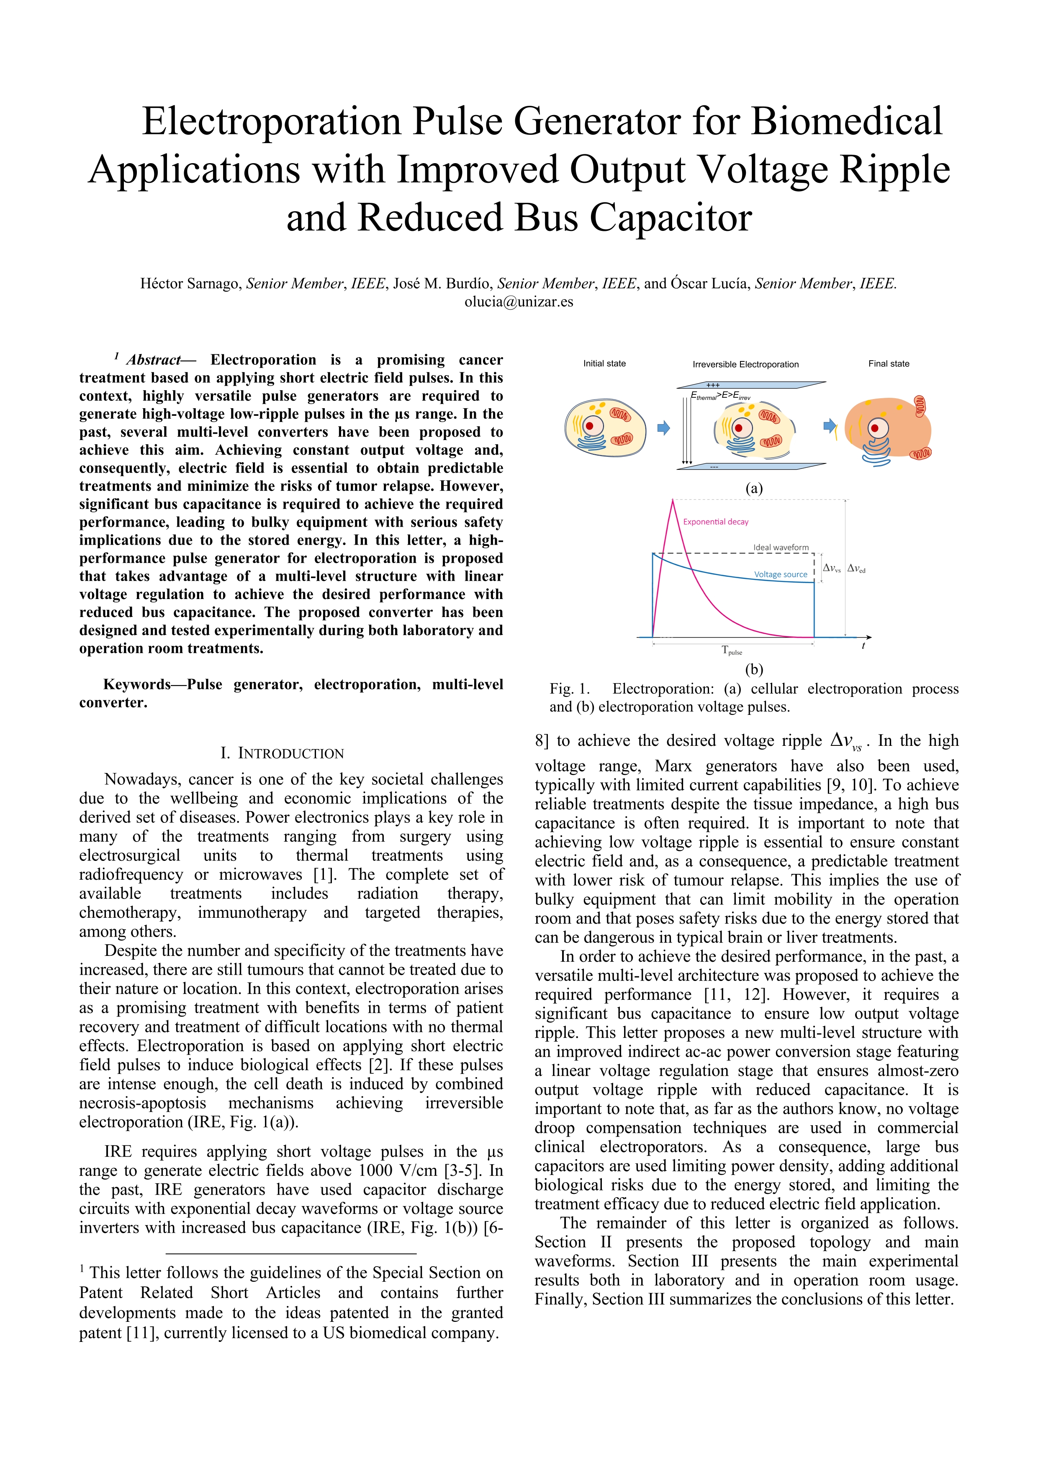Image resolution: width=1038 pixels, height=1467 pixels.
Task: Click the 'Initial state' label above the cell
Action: pos(604,364)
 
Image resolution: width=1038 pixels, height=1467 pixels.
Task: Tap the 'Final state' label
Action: pos(889,364)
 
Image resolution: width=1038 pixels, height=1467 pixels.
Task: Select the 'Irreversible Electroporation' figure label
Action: pos(745,364)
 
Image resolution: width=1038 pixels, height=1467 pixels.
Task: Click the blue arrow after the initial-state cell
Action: pos(663,428)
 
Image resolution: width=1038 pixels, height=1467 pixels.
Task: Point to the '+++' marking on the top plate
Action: pos(713,385)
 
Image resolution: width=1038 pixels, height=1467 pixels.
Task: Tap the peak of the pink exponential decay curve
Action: pos(673,501)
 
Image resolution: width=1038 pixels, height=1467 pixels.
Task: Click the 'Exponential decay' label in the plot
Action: pos(715,522)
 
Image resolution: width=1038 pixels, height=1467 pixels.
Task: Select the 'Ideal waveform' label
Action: pos(781,548)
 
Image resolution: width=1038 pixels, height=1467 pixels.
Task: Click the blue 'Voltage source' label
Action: pos(781,574)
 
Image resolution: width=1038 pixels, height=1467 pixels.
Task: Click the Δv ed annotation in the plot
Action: pos(856,568)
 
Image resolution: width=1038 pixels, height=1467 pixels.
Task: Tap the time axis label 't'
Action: pos(863,646)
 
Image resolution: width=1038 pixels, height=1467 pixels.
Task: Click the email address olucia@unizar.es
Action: pos(518,302)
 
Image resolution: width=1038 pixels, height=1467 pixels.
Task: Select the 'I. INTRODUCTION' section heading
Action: pos(282,753)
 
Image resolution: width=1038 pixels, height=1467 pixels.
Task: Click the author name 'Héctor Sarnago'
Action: pos(190,284)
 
